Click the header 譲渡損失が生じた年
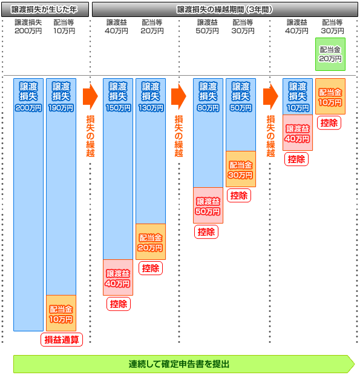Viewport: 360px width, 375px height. coord(45,10)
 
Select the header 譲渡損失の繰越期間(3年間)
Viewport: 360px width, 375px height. coord(225,10)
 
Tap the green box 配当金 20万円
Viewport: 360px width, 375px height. coord(330,55)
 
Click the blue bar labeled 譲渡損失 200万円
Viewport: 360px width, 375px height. coord(28,205)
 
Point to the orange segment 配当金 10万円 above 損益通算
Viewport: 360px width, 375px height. coord(61,313)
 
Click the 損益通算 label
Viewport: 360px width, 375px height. coord(62,340)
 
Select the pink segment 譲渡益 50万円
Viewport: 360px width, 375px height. coord(208,205)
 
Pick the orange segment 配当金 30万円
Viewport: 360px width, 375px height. coord(241,169)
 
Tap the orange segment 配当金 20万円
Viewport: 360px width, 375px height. coord(151,242)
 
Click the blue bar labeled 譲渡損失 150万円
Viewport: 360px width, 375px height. coord(118,169)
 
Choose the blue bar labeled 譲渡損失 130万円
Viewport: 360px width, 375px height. coord(151,151)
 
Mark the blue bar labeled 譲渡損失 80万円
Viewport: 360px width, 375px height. coord(208,133)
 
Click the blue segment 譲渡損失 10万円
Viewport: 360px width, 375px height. coord(298,96)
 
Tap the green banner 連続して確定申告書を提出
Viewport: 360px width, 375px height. coord(184,364)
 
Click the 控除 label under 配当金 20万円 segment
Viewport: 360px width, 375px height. coord(151,268)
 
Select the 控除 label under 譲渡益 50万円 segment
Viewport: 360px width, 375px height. coord(206,232)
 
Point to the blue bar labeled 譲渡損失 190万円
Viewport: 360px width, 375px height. coord(61,187)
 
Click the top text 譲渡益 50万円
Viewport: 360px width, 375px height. coord(207,27)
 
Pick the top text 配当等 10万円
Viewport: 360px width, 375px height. coord(64,27)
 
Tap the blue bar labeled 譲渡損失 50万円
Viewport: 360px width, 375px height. coord(241,114)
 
